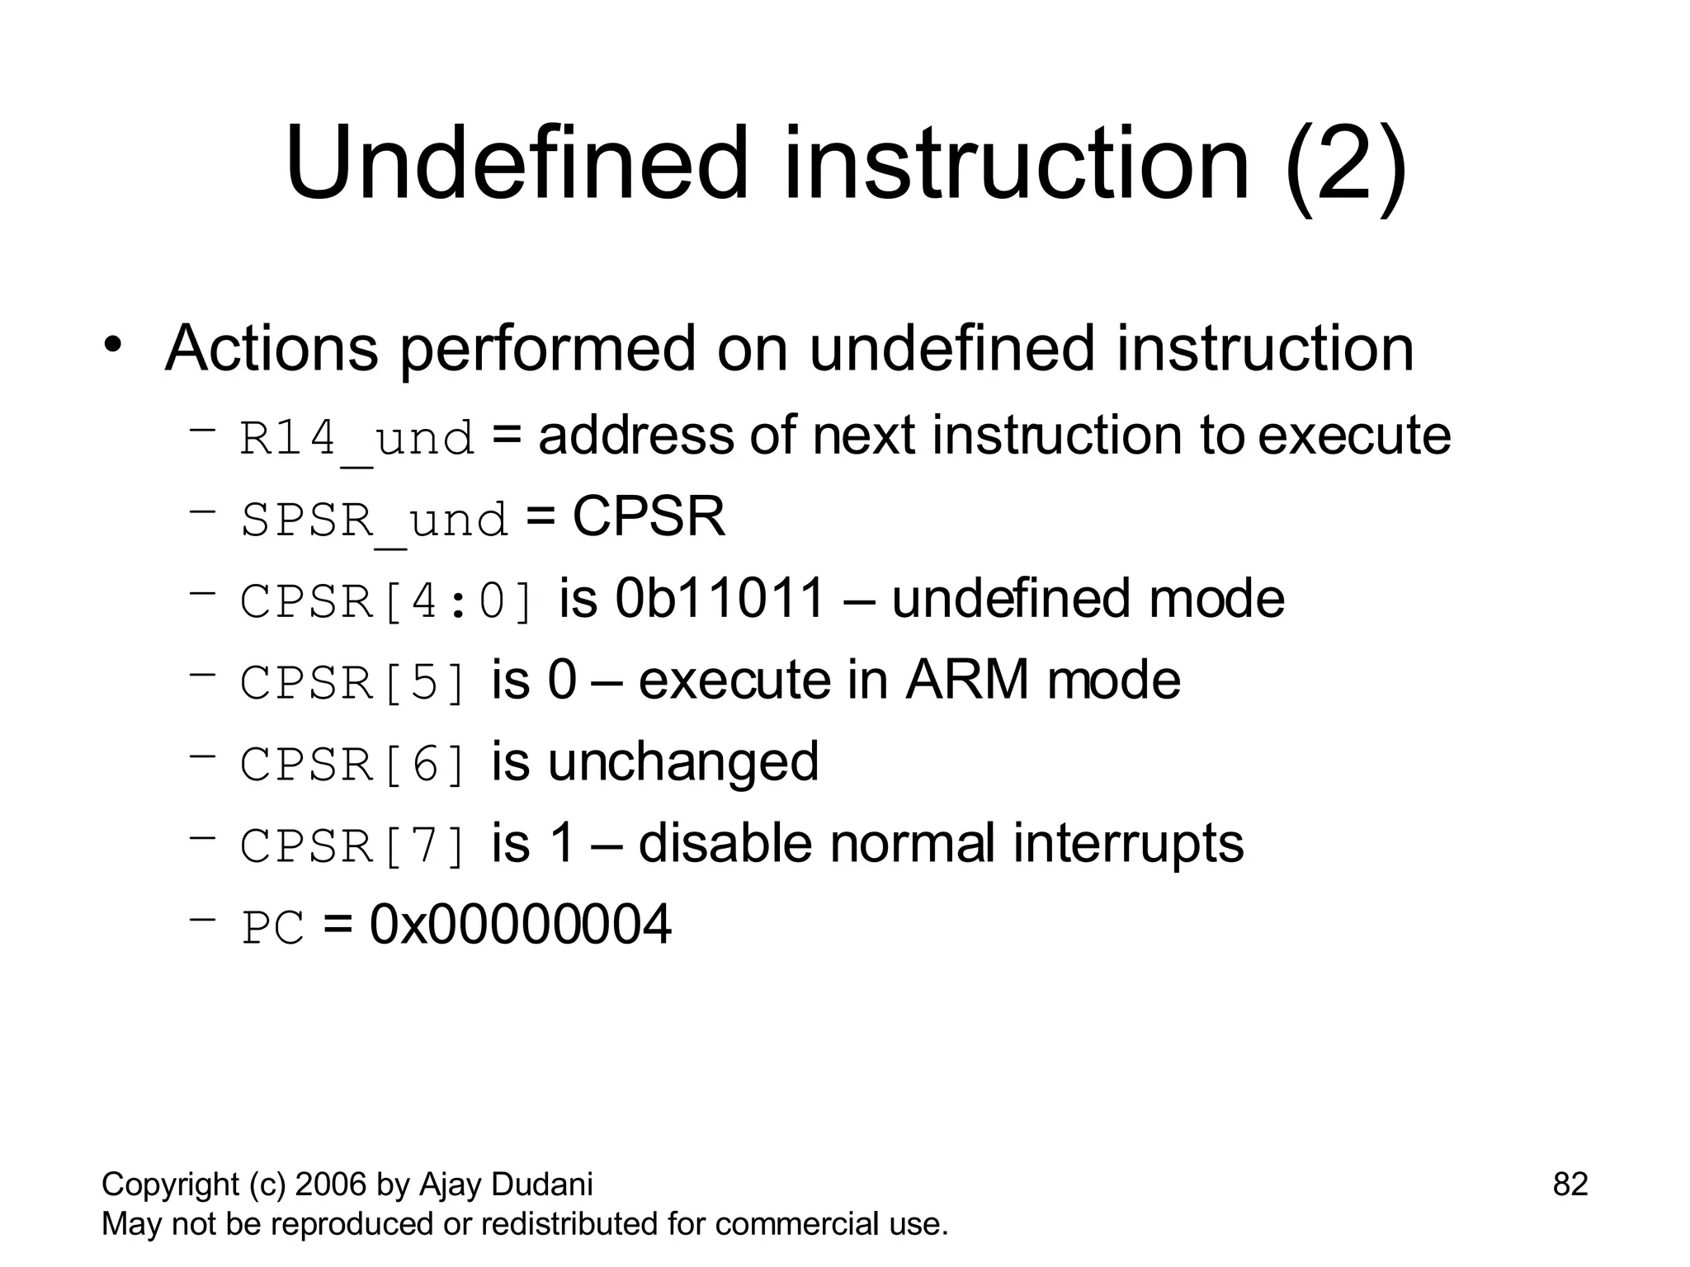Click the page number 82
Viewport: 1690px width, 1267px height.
pos(1570,1185)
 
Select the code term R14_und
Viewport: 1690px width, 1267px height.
pos(357,438)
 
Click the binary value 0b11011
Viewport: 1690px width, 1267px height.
pos(720,598)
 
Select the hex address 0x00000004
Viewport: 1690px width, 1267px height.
pos(520,925)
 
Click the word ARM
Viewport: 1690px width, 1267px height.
pos(966,680)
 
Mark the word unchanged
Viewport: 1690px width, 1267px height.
pos(683,762)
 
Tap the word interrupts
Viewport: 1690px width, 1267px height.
pos(1128,844)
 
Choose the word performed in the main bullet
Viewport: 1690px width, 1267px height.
pos(548,349)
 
